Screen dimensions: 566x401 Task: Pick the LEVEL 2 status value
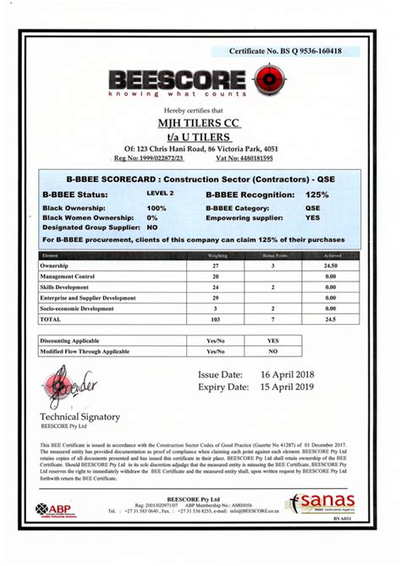click(x=159, y=194)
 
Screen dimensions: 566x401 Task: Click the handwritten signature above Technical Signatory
click(x=69, y=390)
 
